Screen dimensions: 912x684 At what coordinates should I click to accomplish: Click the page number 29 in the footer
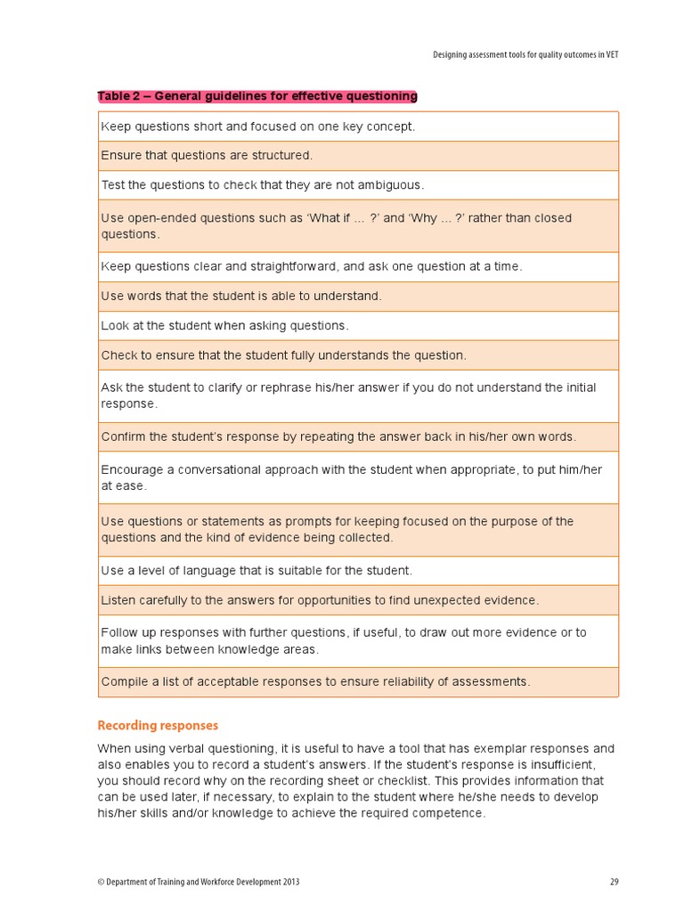pos(614,882)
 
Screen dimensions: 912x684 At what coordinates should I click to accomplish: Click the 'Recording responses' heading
pos(158,726)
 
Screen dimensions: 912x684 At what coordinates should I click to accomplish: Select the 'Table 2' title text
pos(256,96)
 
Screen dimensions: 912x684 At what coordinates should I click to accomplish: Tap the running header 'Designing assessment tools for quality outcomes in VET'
pos(525,54)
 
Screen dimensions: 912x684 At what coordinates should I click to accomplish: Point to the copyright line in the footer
pos(198,882)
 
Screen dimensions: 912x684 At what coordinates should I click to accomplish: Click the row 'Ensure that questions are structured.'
pos(207,156)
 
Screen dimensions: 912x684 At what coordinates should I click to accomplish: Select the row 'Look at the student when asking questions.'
pos(224,326)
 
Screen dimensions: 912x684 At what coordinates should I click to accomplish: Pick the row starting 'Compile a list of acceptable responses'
pos(315,682)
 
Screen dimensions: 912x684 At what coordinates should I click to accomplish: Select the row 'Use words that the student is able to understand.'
pos(240,297)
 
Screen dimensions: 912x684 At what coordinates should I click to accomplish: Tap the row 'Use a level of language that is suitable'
pos(256,571)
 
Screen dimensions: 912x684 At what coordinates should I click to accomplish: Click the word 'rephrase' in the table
pos(277,387)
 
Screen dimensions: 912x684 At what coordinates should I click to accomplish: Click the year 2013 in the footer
pos(289,882)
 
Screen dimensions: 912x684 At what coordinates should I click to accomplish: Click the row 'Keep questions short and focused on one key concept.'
pos(257,126)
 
